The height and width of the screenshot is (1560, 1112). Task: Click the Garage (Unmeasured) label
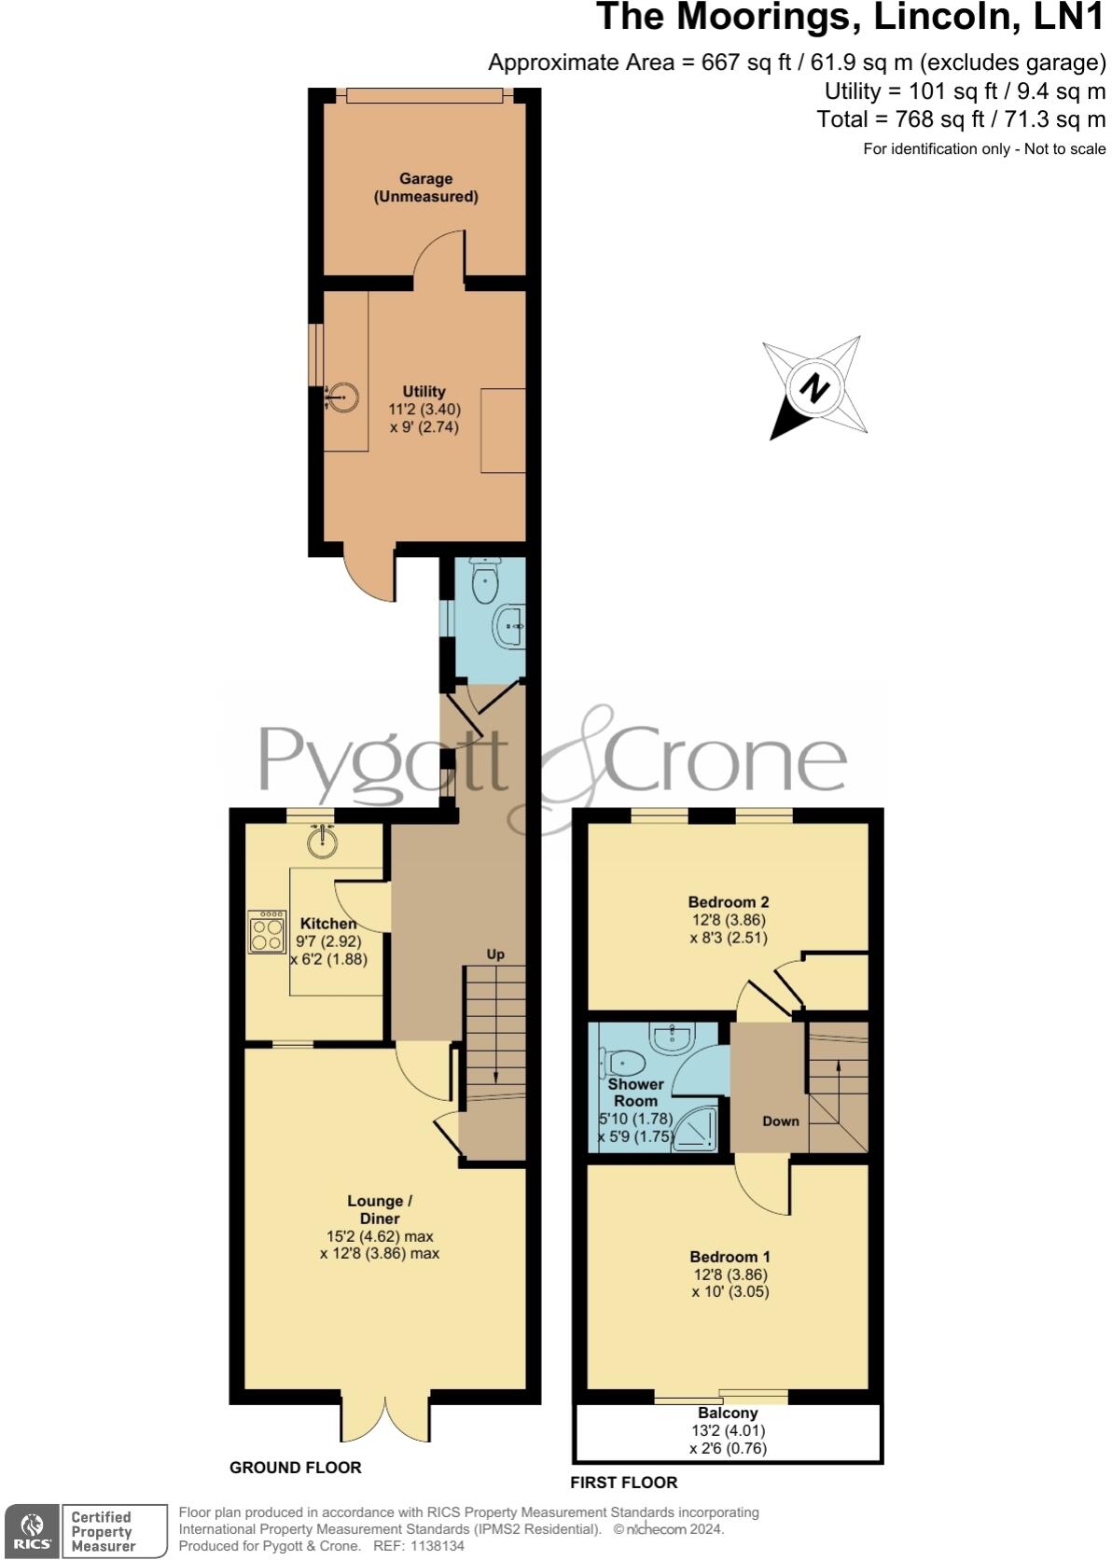pos(425,188)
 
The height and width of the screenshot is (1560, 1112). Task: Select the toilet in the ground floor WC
pos(486,581)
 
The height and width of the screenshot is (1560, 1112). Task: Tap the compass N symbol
pos(816,386)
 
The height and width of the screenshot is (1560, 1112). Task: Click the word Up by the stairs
pos(495,954)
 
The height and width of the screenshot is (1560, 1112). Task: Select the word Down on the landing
pos(780,1121)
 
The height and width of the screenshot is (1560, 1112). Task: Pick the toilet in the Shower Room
pos(627,1063)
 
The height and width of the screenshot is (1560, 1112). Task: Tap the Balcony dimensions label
pos(728,1431)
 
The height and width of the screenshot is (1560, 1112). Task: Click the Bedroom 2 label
pos(728,902)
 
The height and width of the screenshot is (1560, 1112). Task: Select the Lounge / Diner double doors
pos(385,1418)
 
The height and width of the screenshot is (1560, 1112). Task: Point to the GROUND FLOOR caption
pos(295,1468)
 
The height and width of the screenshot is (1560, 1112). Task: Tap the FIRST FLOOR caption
pos(623,1483)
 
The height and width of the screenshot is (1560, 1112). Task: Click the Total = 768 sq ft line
pos(960,119)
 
